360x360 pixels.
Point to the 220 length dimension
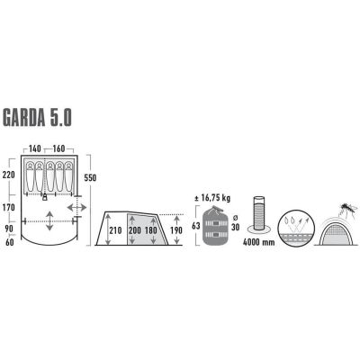pyautogui.click(x=8, y=175)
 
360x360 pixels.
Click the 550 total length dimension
pyautogui.click(x=89, y=179)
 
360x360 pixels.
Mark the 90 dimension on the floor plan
pyautogui.click(x=8, y=229)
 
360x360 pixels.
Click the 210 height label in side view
pyautogui.click(x=114, y=231)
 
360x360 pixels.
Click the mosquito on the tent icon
pyautogui.click(x=344, y=205)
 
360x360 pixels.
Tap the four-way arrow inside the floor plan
pyautogui.click(x=48, y=215)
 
